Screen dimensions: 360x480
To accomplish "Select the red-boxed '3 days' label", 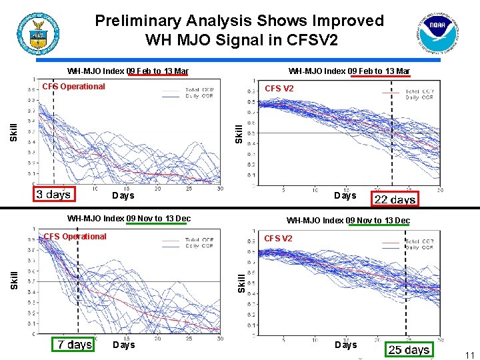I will pos(53,195).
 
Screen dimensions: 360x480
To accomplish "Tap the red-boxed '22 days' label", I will pos(395,199).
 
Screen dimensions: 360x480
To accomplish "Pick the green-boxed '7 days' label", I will pos(74,344).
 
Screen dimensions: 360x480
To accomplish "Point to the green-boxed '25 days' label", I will pos(409,349).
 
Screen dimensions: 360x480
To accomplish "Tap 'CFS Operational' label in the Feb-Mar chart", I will pos(73,86).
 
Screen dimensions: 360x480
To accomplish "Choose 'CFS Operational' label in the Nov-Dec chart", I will pos(75,236).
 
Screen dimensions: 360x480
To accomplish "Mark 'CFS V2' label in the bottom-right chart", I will pos(278,238).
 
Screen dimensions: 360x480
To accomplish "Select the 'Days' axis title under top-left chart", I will pos(123,195).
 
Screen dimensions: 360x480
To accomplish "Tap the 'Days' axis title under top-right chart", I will pos(345,195).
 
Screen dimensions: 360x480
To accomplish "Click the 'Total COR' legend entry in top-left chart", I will pos(198,89).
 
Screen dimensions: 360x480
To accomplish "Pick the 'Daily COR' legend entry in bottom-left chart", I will pos(199,246).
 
